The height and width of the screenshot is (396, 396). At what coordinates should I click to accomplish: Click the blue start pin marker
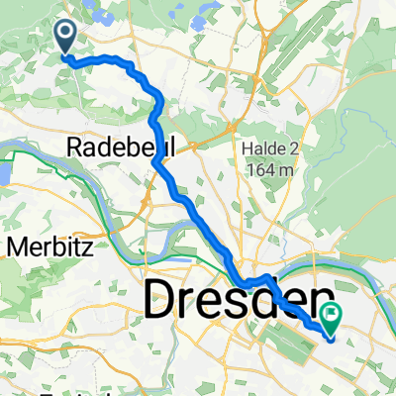66,37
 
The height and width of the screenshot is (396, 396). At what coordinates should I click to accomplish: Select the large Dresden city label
238,301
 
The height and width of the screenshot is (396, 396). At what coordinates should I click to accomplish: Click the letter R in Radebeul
74,148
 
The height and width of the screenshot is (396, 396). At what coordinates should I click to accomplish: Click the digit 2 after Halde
291,149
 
